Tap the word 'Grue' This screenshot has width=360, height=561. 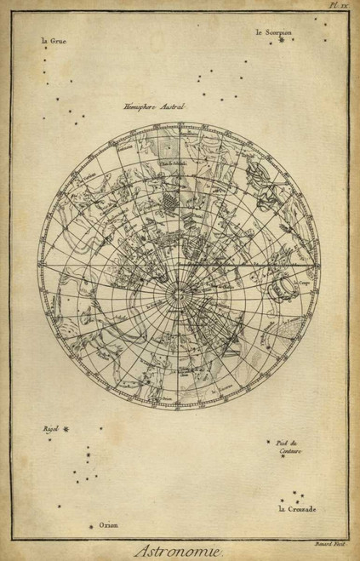coord(60,39)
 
